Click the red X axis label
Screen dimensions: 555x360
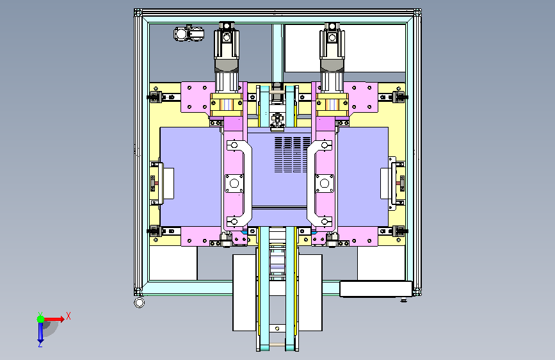coord(68,316)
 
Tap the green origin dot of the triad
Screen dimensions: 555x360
coord(41,319)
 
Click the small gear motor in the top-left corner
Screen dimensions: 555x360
coord(189,34)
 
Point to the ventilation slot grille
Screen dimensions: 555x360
coord(293,154)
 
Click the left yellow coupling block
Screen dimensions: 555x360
coord(227,105)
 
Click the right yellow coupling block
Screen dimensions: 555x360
coord(332,105)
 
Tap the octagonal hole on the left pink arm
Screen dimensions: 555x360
coord(234,184)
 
